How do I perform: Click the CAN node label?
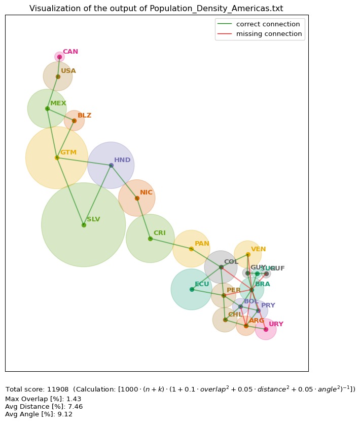(x=70, y=52)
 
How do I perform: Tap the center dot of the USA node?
(x=58, y=76)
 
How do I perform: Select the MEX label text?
(x=58, y=103)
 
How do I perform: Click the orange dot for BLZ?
(x=74, y=121)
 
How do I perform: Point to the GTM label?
(x=68, y=152)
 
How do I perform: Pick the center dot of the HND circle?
(x=111, y=165)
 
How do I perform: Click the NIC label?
(x=146, y=192)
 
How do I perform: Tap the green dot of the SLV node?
(x=84, y=225)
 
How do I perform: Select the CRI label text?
(x=159, y=233)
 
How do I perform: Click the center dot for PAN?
(x=191, y=249)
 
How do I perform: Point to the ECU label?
(x=202, y=284)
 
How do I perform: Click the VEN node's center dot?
(x=248, y=254)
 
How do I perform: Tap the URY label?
(x=276, y=324)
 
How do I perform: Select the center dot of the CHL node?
(x=225, y=320)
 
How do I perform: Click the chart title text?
(x=156, y=9)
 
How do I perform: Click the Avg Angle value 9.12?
(x=65, y=414)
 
